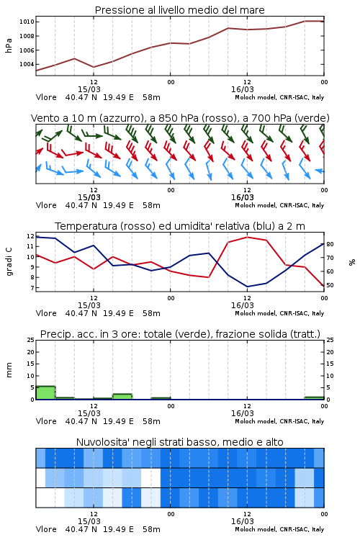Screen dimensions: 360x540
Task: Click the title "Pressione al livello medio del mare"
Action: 179,10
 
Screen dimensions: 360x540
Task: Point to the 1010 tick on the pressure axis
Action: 27,22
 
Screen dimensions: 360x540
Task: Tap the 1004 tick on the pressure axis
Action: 27,64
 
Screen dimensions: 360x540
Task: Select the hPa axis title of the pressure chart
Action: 9,45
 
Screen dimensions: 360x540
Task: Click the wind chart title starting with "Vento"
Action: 180,118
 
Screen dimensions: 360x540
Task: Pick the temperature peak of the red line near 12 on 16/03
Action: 247,237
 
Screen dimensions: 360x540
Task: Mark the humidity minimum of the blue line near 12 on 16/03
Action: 247,287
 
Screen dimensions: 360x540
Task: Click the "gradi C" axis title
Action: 9,262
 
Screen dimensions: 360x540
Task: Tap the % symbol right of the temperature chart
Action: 352,262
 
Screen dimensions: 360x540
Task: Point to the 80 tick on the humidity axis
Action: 330,244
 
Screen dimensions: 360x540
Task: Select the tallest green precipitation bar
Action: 45,393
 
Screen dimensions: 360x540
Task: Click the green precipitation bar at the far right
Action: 314,398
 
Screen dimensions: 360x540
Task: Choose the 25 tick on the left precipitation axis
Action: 31,340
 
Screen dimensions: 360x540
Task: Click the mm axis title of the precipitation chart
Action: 9,369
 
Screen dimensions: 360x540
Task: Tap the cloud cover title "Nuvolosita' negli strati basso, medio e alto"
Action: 179,442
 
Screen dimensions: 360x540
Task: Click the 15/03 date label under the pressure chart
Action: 89,89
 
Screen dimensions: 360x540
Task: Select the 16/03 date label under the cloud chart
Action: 242,521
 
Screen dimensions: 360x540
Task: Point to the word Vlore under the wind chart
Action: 46,205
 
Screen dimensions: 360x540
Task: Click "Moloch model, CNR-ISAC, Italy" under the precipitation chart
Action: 279,421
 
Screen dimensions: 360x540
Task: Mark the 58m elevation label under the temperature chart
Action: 151,313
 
